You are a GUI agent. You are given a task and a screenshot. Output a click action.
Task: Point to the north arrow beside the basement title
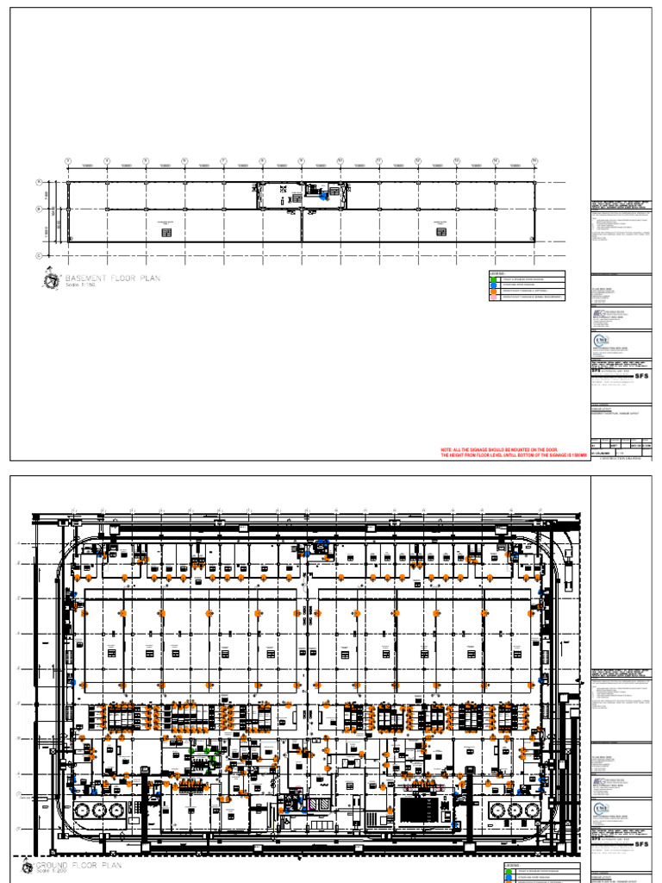(50, 279)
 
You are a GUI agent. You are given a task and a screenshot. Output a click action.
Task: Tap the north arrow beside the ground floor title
(27, 867)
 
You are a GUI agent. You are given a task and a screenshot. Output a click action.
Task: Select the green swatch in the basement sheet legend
(493, 279)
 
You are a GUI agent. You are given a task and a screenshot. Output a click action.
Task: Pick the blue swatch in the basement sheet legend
(493, 285)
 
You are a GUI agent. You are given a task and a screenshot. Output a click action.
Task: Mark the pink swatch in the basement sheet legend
(493, 297)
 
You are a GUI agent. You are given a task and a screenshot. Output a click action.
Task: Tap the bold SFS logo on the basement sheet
(640, 376)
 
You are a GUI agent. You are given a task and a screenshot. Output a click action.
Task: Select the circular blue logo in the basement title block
(601, 342)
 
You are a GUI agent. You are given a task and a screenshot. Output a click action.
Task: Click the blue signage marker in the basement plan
(323, 196)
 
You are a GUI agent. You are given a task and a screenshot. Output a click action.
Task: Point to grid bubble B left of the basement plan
(39, 209)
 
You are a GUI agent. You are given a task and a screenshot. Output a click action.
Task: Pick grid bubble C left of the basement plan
(39, 255)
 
